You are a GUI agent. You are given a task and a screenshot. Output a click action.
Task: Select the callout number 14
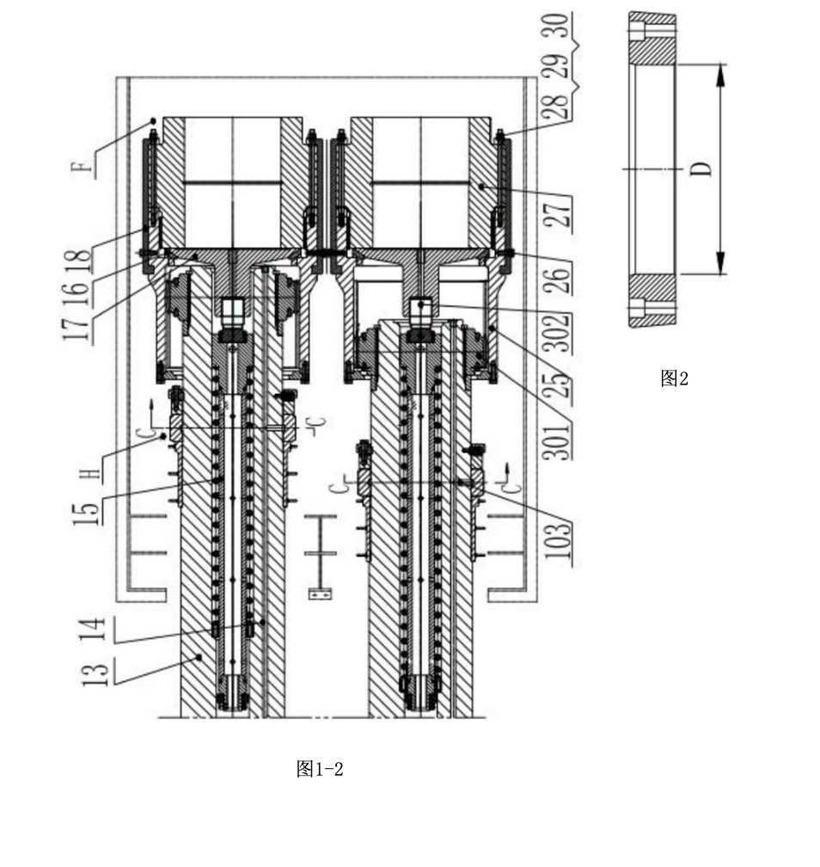click(92, 630)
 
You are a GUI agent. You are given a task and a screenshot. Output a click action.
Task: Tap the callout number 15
click(88, 513)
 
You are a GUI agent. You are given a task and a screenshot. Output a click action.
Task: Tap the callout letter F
click(83, 167)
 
